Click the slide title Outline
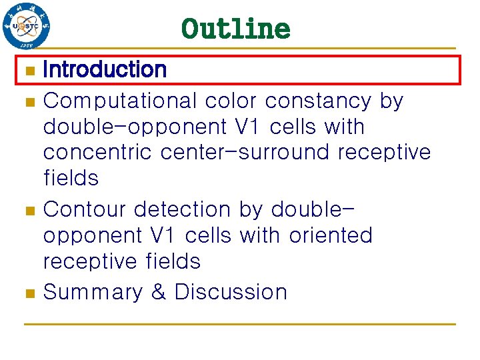click(x=235, y=29)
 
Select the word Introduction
click(x=105, y=69)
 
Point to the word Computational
click(x=120, y=101)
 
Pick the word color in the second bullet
click(x=231, y=101)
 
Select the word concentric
click(x=99, y=153)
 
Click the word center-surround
click(x=246, y=153)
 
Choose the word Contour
click(x=85, y=210)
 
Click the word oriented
click(x=331, y=235)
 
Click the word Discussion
click(x=231, y=292)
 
